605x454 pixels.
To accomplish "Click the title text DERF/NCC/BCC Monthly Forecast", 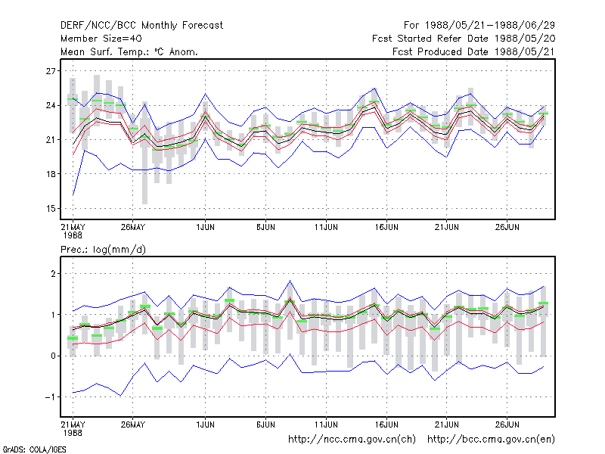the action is click(141, 26).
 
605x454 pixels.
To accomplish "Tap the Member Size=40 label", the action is click(101, 39).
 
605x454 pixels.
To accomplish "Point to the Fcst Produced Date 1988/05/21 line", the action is click(473, 51).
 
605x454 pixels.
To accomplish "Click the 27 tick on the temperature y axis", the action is click(51, 71).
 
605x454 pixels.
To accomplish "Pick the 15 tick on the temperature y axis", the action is click(51, 209).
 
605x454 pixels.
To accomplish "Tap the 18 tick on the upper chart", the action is click(51, 174).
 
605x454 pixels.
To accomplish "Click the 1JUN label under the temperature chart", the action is click(205, 228).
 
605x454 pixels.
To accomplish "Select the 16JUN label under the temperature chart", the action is click(386, 228).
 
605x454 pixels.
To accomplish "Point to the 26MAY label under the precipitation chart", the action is click(133, 424).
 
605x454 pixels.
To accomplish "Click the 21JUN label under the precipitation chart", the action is click(446, 424).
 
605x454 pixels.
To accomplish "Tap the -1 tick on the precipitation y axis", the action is click(50, 397).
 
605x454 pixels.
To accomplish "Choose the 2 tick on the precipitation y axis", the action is click(53, 274).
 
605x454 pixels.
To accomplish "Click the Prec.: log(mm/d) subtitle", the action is click(103, 250).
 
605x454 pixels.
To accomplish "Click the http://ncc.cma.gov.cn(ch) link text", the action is click(352, 440).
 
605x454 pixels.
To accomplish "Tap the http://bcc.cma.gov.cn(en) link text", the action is click(491, 440).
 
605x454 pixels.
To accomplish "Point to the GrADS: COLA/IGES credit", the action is click(35, 449).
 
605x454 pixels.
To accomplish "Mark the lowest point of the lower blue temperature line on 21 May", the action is click(73, 195).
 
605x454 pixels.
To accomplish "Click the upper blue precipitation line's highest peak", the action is click(290, 281).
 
